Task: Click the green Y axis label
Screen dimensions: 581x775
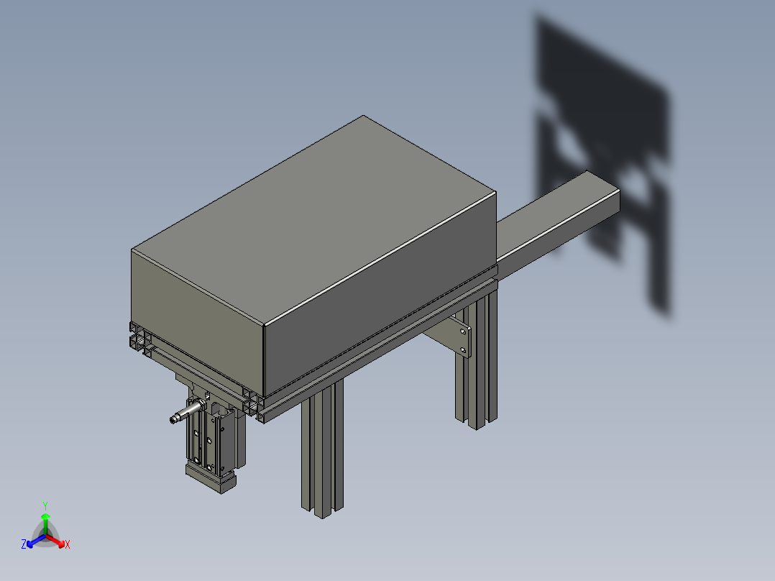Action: coord(45,505)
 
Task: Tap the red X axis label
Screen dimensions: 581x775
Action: coord(68,545)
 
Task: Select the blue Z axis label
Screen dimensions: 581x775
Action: coord(24,545)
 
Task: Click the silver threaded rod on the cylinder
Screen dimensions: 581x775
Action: coord(184,415)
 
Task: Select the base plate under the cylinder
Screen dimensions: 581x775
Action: coord(210,479)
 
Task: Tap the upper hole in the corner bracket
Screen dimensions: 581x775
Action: coord(462,332)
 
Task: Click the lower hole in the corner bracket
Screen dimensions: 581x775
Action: coord(463,351)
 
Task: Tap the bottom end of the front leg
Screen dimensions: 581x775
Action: coord(321,509)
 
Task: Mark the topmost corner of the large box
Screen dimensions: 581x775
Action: coord(363,116)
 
